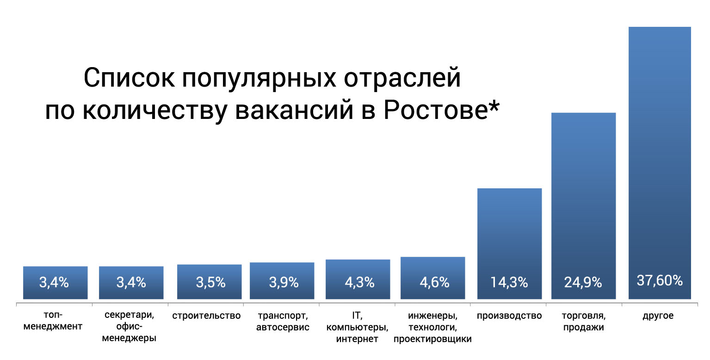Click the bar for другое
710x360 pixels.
660,163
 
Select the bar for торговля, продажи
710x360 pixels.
584,206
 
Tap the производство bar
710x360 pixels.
509,243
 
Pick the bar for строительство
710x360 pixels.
209,282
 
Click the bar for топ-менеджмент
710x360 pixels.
55,283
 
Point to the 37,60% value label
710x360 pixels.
660,280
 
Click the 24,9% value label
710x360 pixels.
583,282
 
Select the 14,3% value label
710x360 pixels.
509,282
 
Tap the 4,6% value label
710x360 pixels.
435,282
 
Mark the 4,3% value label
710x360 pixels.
359,282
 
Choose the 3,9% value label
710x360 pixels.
284,282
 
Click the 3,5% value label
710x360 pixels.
210,282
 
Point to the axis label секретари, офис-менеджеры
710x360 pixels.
130,327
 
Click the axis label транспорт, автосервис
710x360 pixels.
283,321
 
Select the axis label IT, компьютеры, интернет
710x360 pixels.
357,327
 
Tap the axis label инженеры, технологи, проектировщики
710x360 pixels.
432,327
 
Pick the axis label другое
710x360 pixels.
658,316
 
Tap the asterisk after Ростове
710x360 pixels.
494,106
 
